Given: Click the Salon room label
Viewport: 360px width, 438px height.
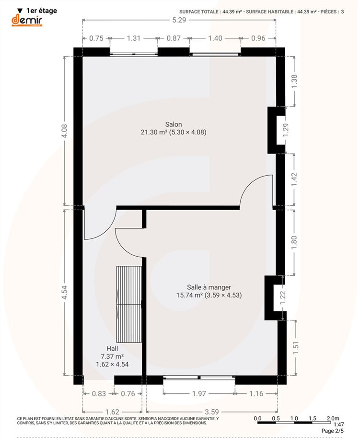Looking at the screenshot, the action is [x=174, y=124].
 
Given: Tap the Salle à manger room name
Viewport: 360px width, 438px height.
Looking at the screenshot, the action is [x=209, y=287].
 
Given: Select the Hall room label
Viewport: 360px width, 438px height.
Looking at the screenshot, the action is [x=112, y=348].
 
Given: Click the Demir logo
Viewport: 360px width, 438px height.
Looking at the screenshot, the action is [x=27, y=21].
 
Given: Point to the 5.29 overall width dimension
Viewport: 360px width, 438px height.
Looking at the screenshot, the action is [x=179, y=20].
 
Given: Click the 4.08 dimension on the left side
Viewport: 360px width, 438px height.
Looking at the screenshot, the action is [x=64, y=131].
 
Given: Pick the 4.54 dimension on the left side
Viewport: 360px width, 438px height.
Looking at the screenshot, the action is [x=64, y=293].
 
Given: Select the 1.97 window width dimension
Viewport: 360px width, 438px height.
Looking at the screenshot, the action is [x=199, y=393].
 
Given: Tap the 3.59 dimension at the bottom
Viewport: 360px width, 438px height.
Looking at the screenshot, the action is [x=212, y=412].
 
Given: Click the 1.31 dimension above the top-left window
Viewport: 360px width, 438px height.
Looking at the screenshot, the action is [x=134, y=38].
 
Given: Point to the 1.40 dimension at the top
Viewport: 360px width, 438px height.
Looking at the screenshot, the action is [x=215, y=38].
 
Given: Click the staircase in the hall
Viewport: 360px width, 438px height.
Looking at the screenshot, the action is [x=129, y=304].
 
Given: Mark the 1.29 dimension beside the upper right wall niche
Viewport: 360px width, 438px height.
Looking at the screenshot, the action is [x=286, y=130].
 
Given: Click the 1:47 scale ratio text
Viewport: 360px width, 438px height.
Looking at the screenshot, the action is [x=338, y=424].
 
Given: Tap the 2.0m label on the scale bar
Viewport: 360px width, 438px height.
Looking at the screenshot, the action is [x=333, y=418].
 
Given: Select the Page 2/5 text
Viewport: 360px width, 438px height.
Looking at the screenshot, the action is [x=333, y=431].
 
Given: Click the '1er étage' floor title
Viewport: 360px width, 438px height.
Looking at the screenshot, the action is [x=42, y=11].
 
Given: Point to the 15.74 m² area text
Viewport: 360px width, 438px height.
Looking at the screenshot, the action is [x=189, y=295].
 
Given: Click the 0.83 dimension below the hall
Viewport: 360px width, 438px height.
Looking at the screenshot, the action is [x=99, y=393].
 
